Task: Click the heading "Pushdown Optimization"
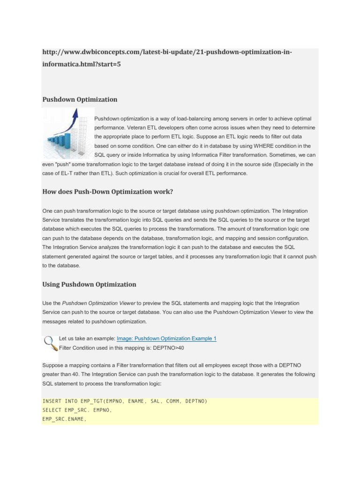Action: (80, 99)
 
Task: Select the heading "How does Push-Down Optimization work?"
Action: (108, 192)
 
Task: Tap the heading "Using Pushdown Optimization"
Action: (89, 284)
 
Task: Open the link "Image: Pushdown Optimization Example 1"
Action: (166, 338)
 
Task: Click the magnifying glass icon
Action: (49, 343)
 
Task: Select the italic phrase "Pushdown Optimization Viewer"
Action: (98, 303)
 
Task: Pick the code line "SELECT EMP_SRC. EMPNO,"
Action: (77, 410)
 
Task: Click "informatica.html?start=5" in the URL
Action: (82, 64)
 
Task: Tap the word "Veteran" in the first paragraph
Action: (131, 127)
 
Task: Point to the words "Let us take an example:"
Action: (87, 338)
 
